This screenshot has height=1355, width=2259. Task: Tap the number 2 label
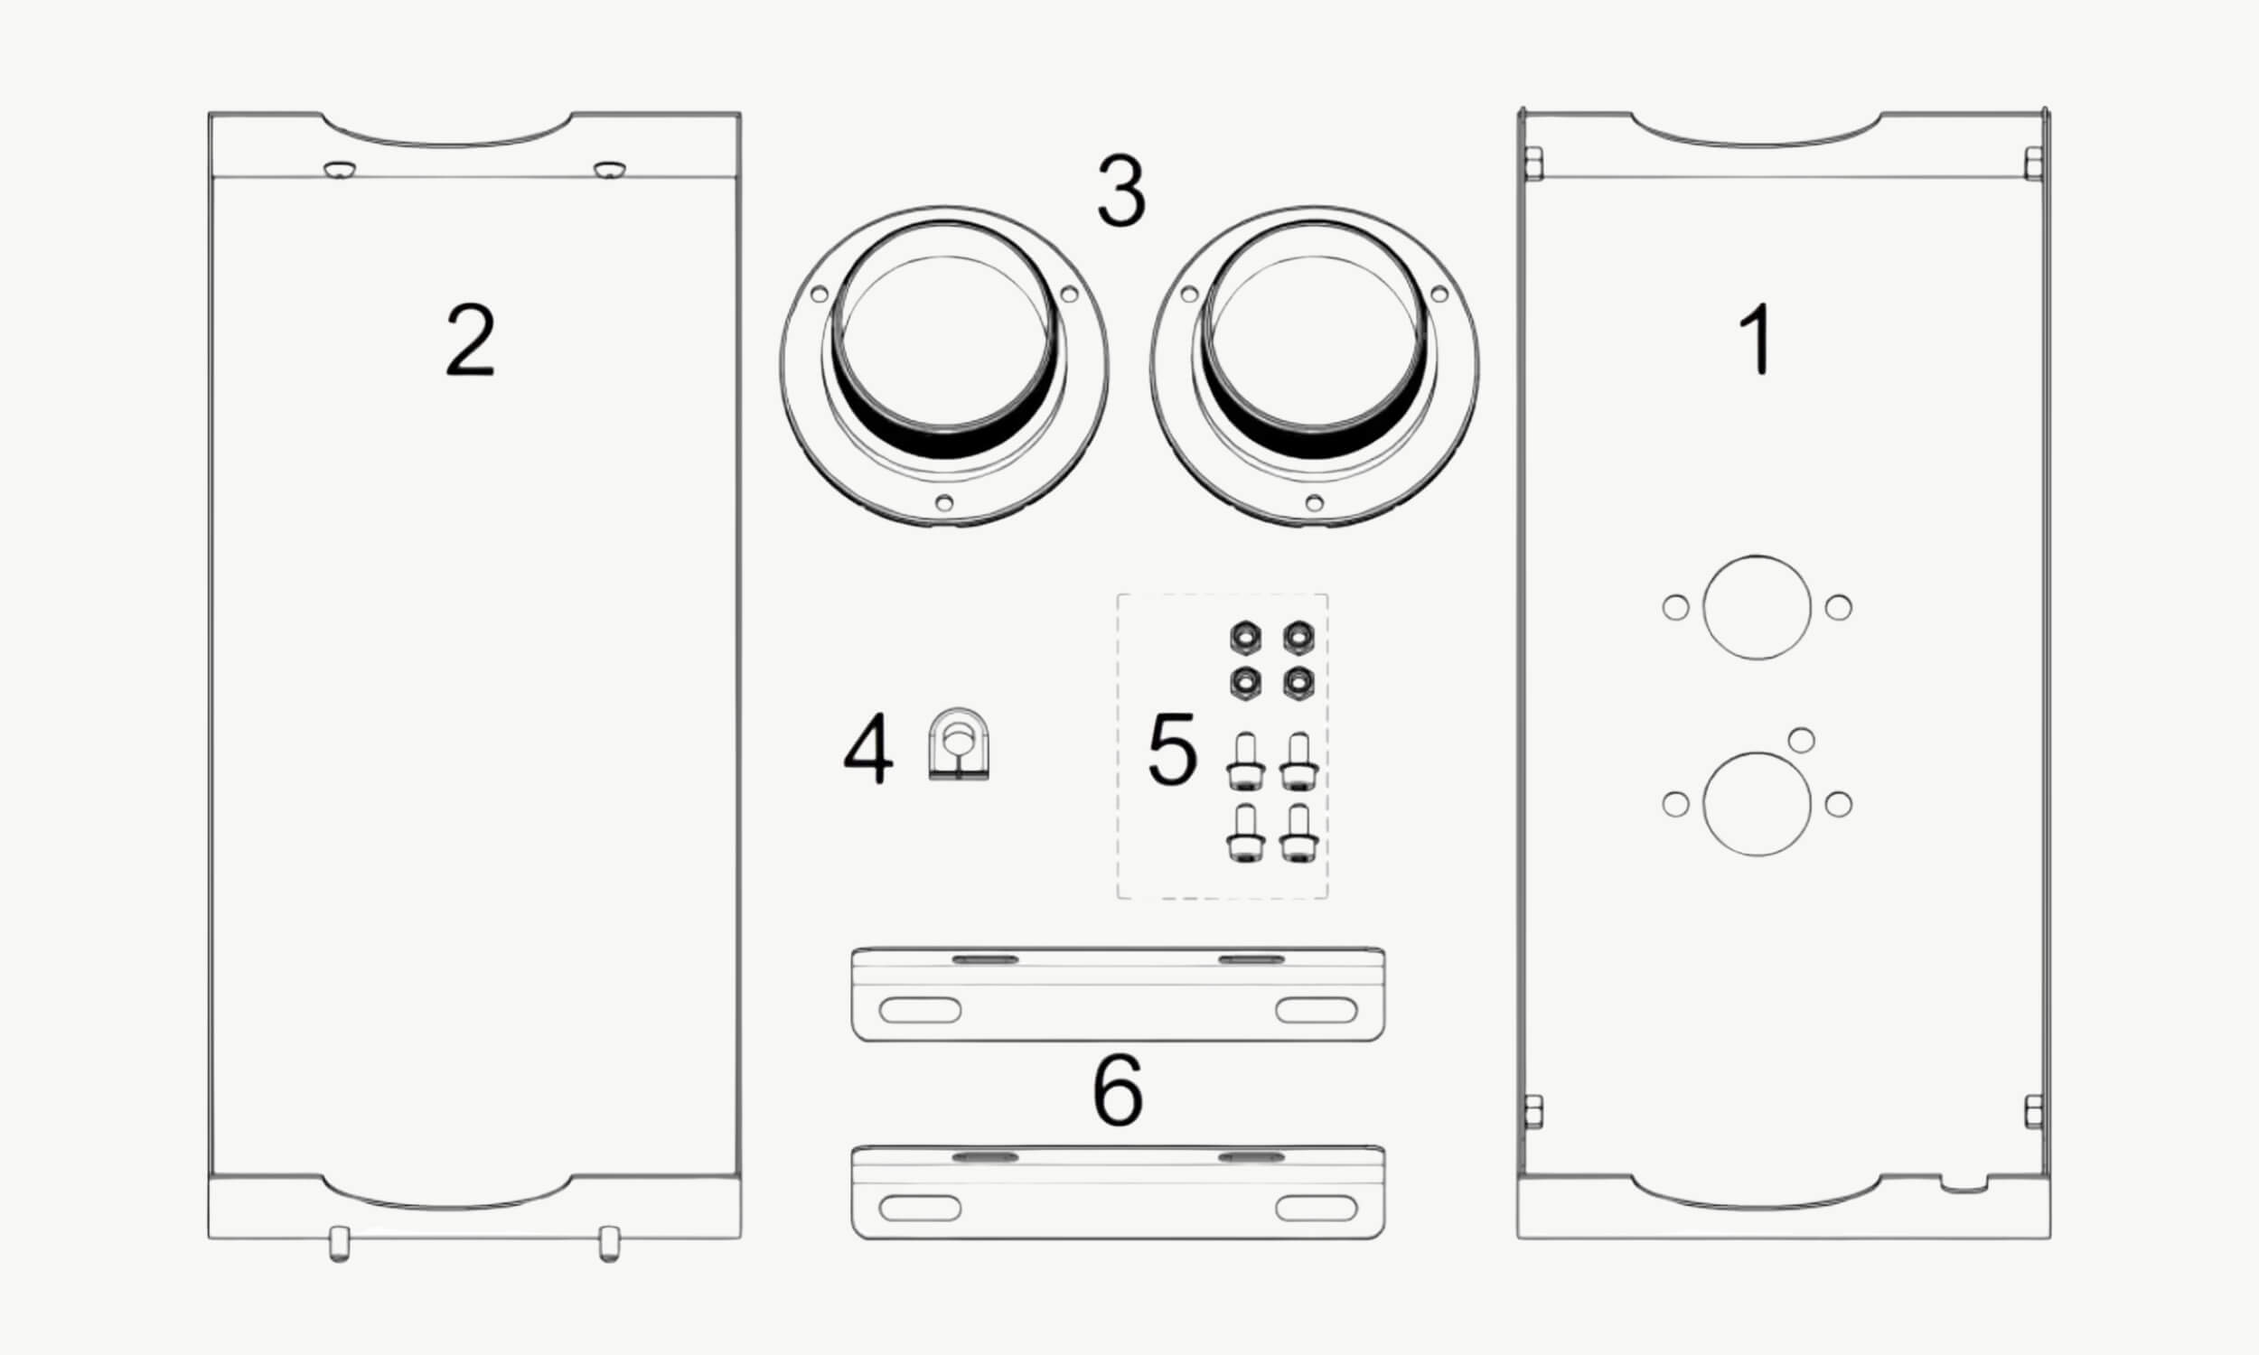pyautogui.click(x=470, y=340)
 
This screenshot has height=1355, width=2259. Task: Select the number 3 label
pyautogui.click(x=1121, y=192)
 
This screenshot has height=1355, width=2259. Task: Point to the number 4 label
pyautogui.click(x=867, y=749)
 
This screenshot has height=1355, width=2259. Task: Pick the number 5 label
pyautogui.click(x=1171, y=749)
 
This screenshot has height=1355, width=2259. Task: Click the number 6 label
pyautogui.click(x=1118, y=1089)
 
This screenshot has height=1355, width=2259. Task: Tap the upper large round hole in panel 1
pyautogui.click(x=1757, y=607)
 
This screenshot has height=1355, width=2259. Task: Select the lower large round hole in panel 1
pyautogui.click(x=1757, y=804)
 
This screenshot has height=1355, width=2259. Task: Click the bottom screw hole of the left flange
pyautogui.click(x=944, y=503)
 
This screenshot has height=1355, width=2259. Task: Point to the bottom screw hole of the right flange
pyautogui.click(x=1314, y=503)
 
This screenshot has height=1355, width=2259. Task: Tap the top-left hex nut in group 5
pyautogui.click(x=1245, y=637)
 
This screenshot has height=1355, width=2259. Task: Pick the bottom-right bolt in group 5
pyautogui.click(x=1298, y=834)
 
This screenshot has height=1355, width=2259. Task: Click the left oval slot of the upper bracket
pyautogui.click(x=920, y=1011)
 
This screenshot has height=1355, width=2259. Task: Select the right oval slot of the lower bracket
pyautogui.click(x=1316, y=1208)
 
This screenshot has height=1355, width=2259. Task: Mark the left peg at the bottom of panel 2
pyautogui.click(x=339, y=1245)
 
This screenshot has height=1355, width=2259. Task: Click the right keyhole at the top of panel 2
pyautogui.click(x=609, y=170)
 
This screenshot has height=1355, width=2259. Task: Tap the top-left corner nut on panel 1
pyautogui.click(x=1533, y=164)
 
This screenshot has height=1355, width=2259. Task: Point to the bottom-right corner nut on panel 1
pyautogui.click(x=2034, y=1112)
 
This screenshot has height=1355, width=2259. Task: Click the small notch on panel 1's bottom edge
pyautogui.click(x=1964, y=1184)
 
